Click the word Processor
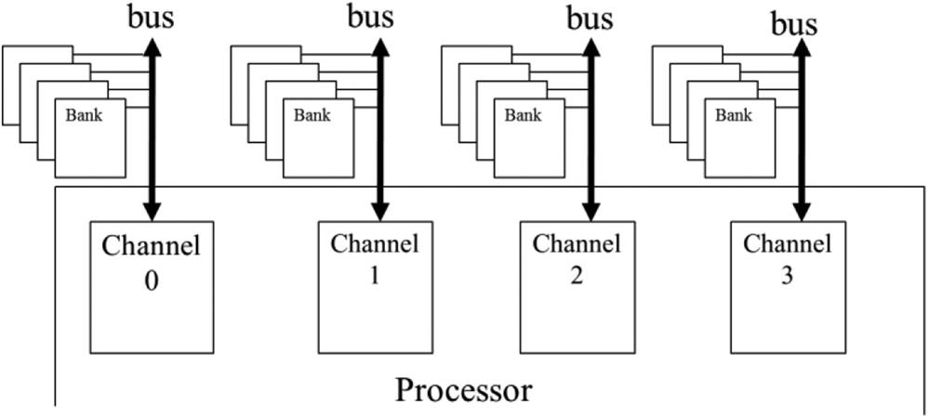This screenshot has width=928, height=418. pos(464,389)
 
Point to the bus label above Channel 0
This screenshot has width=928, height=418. pos(152,16)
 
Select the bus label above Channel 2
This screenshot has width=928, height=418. pos(590,16)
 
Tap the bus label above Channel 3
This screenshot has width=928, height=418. pos(795,22)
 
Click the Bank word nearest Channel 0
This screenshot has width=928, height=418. pos(84,116)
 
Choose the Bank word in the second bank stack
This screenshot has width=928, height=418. pos(312,116)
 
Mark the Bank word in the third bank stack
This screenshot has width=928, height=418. pos(523,116)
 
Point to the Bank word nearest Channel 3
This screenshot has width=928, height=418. pos(734,116)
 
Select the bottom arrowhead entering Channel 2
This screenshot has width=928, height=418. pos(590,211)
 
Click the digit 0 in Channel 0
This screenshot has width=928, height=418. pos(151,278)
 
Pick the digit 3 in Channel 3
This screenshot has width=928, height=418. pos(787,276)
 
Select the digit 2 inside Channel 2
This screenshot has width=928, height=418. pos(576,276)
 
